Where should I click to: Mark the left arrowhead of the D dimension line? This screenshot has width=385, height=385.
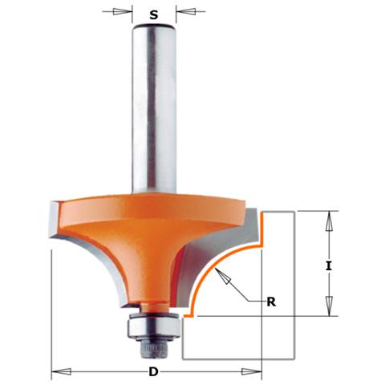[x=58, y=372]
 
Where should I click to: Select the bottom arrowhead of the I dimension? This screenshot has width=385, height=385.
[x=328, y=310]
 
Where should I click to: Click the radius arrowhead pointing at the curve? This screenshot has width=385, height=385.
[x=224, y=277]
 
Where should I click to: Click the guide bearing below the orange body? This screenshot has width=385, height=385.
[x=154, y=325]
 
